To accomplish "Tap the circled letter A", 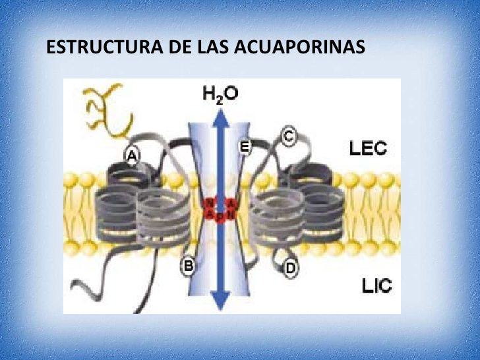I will (x=133, y=156).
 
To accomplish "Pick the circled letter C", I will (x=288, y=136).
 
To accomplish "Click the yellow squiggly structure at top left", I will (x=105, y=109).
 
